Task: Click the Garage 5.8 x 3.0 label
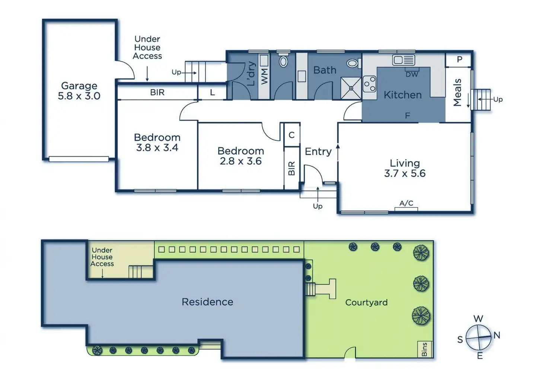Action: click(79, 91)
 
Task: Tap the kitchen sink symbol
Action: click(403, 60)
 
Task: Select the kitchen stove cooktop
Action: click(369, 84)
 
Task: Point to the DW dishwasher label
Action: click(412, 74)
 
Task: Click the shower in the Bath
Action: click(351, 88)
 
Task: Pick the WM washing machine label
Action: click(264, 76)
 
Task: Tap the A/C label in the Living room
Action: click(406, 203)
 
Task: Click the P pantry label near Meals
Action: click(459, 59)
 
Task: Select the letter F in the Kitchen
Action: click(407, 116)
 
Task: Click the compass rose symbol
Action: click(478, 337)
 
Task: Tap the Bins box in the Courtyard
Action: click(424, 349)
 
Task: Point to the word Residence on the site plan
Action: click(207, 302)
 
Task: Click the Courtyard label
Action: click(366, 303)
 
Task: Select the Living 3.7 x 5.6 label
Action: click(405, 168)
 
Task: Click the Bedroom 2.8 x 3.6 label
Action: click(240, 156)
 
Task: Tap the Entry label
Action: click(318, 151)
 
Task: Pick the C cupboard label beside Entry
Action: click(291, 135)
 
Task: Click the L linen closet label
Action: click(212, 93)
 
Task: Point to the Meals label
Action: click(458, 92)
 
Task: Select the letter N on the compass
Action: click(497, 335)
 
